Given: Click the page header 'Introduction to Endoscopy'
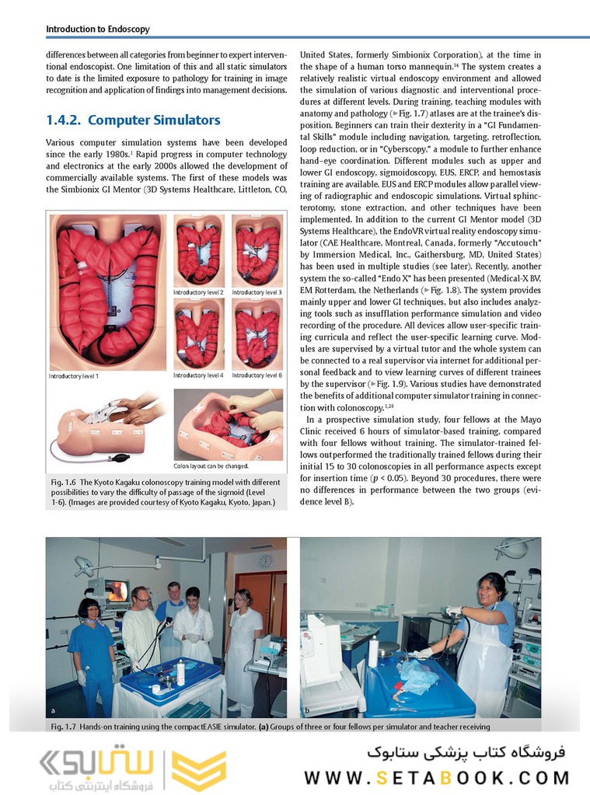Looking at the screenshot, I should [x=98, y=30].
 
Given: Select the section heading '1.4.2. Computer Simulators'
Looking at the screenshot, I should [x=133, y=120].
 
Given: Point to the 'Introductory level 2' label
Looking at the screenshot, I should [x=198, y=292].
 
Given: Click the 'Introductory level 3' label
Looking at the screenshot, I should [x=257, y=292].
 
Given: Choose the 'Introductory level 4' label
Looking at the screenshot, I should [x=198, y=375].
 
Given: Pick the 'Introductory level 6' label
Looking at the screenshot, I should [x=257, y=375].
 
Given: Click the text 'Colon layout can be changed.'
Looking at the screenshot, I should [x=211, y=466].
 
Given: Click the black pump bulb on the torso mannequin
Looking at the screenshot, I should [x=119, y=458].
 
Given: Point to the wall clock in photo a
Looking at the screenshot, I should [x=266, y=560].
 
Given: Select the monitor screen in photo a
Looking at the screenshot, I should [x=117, y=591].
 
